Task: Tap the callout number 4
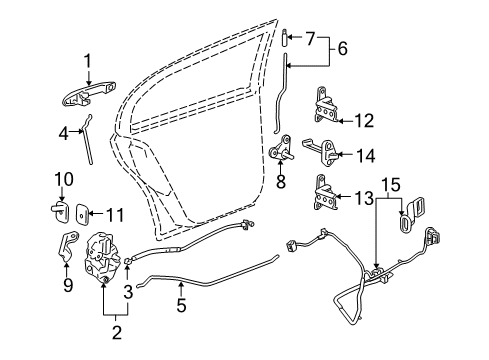coord(62,131)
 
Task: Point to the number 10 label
coord(62,180)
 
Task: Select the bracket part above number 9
coord(68,247)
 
